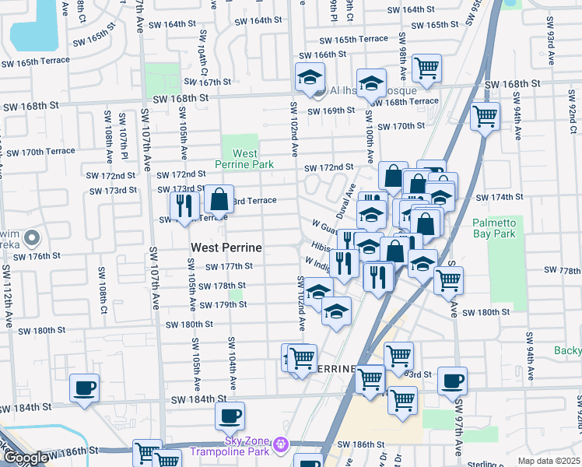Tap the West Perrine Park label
(244, 160)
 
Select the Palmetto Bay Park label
(494, 227)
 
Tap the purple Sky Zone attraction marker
(280, 444)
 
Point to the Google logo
(25, 458)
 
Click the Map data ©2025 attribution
(549, 461)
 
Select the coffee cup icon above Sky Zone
(230, 416)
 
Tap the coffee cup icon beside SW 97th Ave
(452, 381)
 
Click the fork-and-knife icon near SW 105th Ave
(184, 205)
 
